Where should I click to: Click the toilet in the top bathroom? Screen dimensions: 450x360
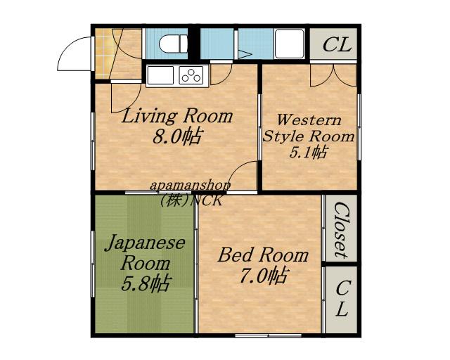[173, 44]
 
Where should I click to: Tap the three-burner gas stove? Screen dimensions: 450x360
[191, 75]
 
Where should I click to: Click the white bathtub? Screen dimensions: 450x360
[289, 44]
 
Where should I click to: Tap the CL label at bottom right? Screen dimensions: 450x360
[342, 298]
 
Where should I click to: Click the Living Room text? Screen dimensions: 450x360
[177, 116]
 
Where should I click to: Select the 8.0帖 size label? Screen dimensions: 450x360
[176, 136]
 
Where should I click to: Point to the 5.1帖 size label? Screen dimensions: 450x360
[308, 152]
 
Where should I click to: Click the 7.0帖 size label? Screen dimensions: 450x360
[263, 276]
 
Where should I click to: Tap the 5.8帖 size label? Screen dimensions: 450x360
[145, 283]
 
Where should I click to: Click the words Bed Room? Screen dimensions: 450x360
[263, 255]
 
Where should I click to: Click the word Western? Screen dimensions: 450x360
[309, 120]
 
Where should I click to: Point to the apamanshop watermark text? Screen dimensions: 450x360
[190, 186]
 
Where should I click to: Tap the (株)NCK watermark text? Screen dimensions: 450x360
[191, 200]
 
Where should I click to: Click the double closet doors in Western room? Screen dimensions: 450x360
[333, 75]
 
